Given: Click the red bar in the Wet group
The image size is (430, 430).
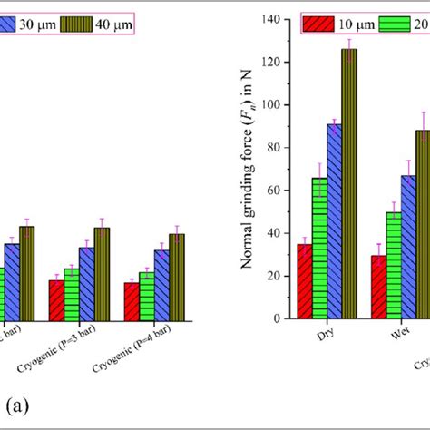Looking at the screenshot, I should pyautogui.click(x=379, y=287).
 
